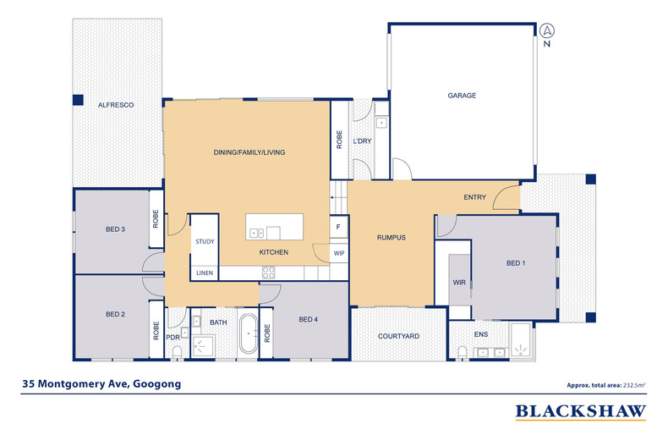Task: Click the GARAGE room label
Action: [462, 96]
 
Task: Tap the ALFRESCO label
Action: [116, 105]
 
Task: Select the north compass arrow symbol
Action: [547, 30]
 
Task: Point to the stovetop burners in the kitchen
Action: [268, 273]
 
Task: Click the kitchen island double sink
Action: [256, 234]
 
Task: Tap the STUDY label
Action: [205, 241]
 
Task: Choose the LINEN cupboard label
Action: [205, 273]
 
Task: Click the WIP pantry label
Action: [339, 253]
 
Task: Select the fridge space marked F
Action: [339, 227]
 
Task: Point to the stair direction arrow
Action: [338, 197]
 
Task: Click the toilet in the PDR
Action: [177, 352]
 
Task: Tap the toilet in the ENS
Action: [462, 353]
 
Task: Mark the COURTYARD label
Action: [399, 336]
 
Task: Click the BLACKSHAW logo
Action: [581, 412]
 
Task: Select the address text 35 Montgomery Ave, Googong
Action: [101, 383]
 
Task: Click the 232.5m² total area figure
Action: [634, 385]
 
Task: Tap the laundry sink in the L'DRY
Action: [381, 124]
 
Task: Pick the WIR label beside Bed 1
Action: [459, 283]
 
